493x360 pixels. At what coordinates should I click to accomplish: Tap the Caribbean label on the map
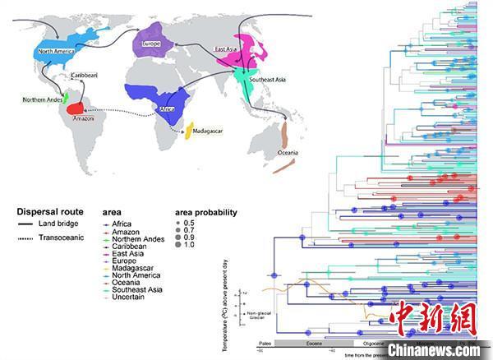[x=87, y=76]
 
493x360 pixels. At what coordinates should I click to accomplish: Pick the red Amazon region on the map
[x=76, y=108]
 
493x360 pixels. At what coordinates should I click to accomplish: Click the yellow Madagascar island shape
[x=190, y=130]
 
